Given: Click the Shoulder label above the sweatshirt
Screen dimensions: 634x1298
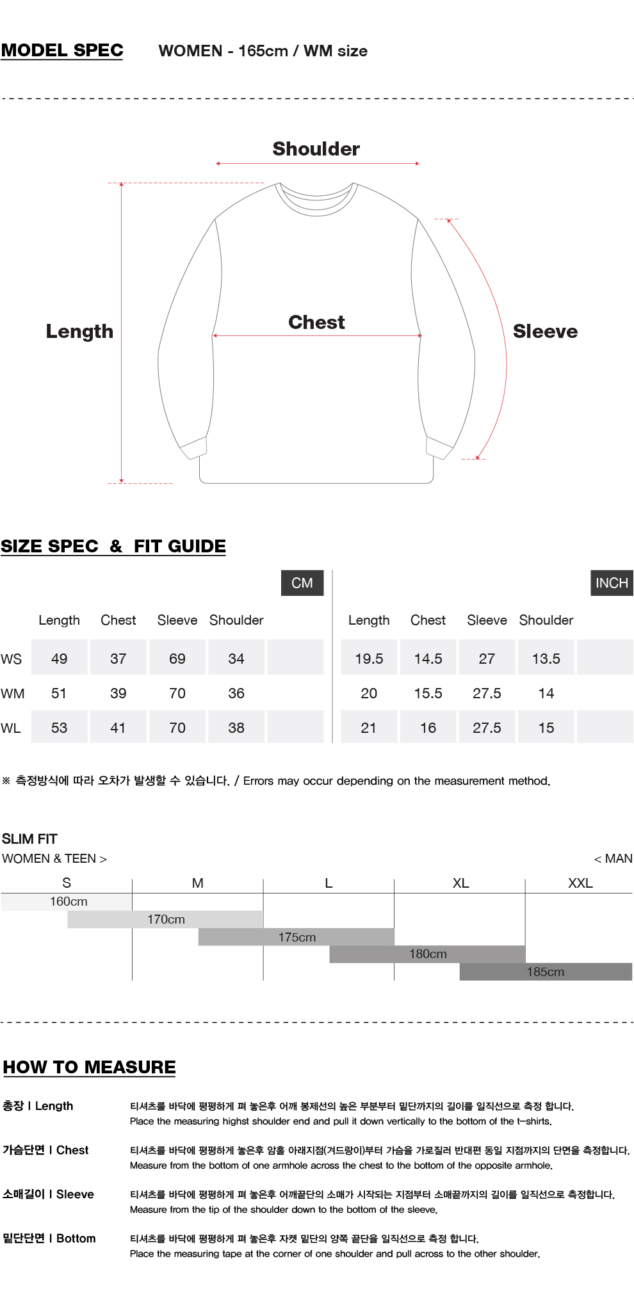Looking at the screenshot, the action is click(x=316, y=149).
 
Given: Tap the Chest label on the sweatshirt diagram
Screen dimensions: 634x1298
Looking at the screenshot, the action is click(x=316, y=322).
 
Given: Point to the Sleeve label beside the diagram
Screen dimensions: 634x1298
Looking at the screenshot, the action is click(x=546, y=332).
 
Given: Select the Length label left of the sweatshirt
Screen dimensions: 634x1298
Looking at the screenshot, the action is click(x=79, y=332).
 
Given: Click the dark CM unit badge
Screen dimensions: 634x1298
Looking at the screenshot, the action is click(x=302, y=583).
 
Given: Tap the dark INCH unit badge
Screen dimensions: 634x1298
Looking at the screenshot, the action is click(x=612, y=583).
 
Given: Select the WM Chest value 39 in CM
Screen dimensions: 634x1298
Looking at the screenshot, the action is click(x=118, y=693).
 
